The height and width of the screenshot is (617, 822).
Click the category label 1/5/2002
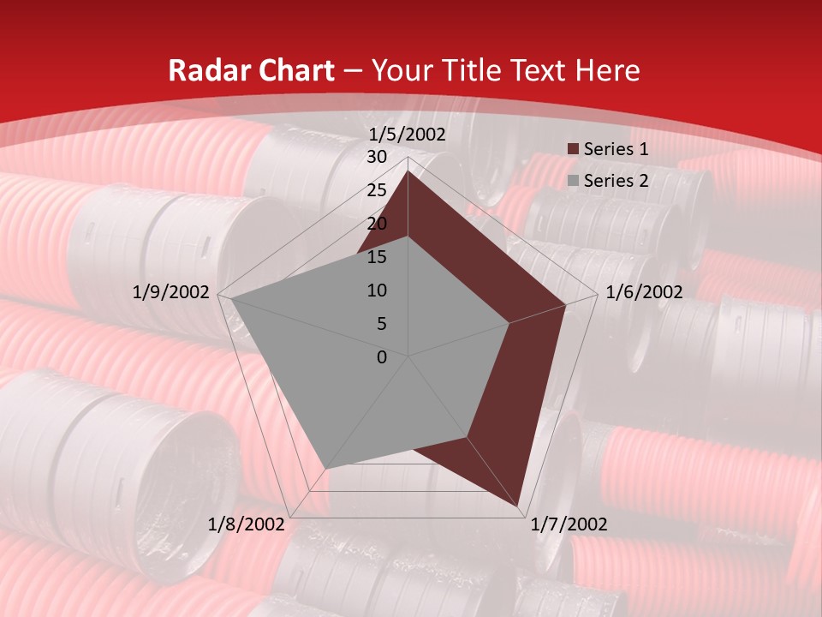tap(408, 135)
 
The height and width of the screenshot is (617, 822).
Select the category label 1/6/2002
tap(644, 292)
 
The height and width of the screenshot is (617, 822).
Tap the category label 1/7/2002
tap(569, 524)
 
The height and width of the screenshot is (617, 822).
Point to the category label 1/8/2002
tap(247, 524)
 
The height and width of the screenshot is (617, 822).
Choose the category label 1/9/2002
tap(171, 292)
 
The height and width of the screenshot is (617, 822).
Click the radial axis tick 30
tap(377, 157)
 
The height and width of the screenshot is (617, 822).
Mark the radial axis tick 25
tap(377, 190)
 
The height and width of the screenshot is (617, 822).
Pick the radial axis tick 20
tap(377, 224)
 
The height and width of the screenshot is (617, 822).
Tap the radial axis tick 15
tap(377, 257)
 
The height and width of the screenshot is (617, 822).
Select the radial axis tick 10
tap(377, 291)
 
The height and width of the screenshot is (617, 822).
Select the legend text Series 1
tap(616, 149)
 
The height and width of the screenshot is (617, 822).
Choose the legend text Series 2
tap(616, 181)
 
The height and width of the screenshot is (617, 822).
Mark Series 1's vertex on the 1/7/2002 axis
tap(518, 506)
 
